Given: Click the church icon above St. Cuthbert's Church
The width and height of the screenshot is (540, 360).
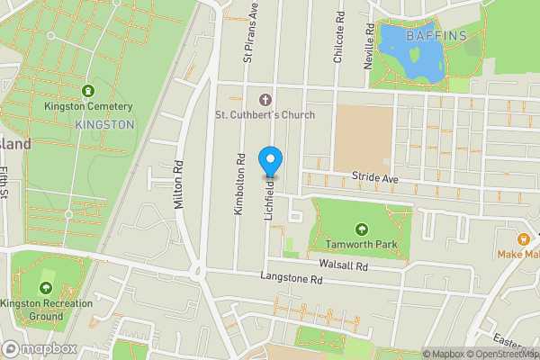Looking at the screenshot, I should tap(265, 98).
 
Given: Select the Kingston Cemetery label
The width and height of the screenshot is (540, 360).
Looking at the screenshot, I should tap(88, 106).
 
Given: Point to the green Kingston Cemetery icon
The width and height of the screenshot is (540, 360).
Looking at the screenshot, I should tap(87, 91).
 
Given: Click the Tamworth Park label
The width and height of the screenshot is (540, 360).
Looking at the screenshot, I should tap(361, 244).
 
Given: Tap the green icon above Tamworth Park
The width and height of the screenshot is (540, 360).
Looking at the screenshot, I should tap(361, 229).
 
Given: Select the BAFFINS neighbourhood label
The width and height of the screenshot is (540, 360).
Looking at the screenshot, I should tap(436, 37).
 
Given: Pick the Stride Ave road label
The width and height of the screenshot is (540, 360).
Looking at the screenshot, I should tap(373, 178).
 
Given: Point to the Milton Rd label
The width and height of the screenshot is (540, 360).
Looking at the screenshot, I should tap(180, 185).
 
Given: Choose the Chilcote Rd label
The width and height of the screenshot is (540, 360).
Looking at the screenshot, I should tap(339, 39).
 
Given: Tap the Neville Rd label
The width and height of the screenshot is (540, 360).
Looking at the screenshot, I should tap(369, 42).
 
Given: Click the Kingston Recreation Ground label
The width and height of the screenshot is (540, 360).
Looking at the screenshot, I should tap(47, 310).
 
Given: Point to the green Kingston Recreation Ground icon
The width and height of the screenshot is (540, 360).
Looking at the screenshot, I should tap(46, 288).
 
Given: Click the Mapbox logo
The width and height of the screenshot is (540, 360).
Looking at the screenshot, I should tap(39, 348).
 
